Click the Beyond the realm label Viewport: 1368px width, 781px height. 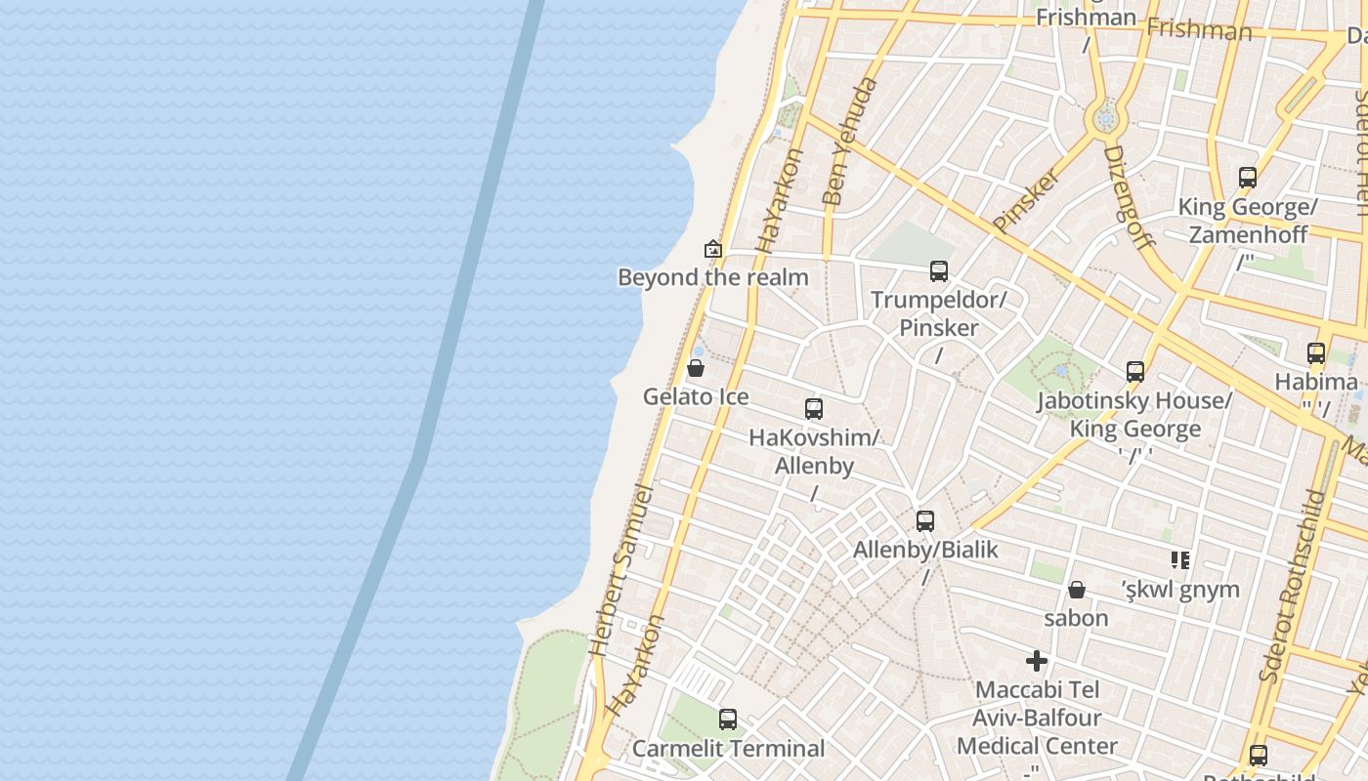(713, 277)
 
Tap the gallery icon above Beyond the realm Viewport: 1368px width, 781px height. (713, 249)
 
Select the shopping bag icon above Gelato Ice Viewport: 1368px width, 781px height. (696, 368)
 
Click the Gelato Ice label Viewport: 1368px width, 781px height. (696, 396)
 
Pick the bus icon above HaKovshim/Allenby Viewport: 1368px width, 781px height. (814, 409)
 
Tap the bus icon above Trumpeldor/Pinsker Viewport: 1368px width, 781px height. (939, 270)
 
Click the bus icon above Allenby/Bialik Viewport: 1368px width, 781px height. (925, 521)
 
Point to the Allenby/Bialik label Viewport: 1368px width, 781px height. (925, 550)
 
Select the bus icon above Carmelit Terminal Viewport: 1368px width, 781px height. (728, 719)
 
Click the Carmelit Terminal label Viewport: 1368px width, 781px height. (728, 749)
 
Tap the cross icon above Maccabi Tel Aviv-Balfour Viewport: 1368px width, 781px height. (1037, 661)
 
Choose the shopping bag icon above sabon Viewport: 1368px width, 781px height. (1076, 590)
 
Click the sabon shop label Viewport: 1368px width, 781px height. (1076, 618)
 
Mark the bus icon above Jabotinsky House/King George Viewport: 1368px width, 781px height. (1134, 372)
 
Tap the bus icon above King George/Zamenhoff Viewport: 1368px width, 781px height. (1248, 178)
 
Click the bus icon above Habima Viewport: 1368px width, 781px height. (1316, 353)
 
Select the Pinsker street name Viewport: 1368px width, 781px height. (1027, 200)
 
